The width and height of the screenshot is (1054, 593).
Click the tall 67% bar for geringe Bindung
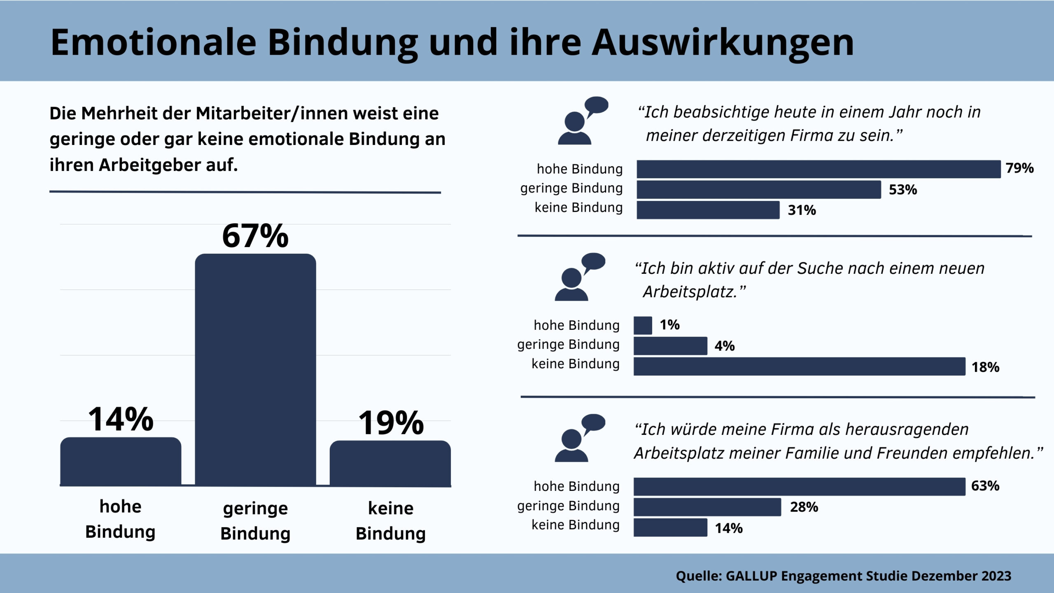point(255,371)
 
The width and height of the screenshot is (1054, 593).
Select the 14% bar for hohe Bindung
point(121,461)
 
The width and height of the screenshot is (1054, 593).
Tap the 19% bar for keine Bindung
point(390,463)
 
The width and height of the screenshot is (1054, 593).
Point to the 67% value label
point(255,236)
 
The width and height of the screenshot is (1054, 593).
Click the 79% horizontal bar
point(818,169)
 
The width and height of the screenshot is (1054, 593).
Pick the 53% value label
point(903,190)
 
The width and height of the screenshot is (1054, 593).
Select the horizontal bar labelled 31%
point(708,210)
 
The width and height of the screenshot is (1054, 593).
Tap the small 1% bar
point(643,325)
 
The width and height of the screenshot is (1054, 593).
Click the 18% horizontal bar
point(799,367)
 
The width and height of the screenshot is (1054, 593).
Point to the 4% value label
point(725,346)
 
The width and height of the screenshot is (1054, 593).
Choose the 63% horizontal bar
point(799,486)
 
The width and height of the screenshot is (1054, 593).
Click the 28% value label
point(804,507)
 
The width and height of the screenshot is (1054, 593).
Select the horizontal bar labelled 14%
point(670,528)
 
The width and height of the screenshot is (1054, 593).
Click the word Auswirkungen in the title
point(723,42)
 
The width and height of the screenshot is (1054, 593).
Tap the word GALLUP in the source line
point(751,576)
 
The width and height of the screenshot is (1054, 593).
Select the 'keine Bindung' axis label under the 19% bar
point(390,521)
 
